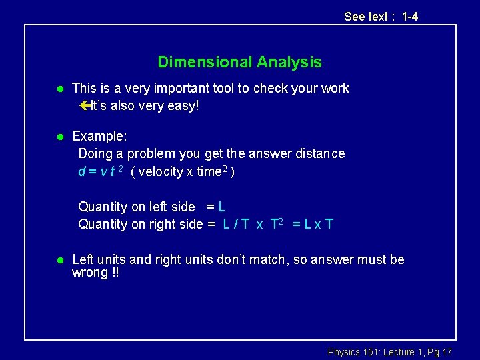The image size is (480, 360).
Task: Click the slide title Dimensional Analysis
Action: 239,63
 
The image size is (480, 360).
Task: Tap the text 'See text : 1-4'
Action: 381,17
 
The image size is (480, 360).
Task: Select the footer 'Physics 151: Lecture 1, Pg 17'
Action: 389,351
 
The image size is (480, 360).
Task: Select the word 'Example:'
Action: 99,136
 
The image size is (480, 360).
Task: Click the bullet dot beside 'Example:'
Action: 59,137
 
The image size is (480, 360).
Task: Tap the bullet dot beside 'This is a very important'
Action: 59,89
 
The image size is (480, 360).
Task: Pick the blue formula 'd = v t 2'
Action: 101,171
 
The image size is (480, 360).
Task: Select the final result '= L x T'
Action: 313,224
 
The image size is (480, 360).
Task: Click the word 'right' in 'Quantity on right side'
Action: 157,224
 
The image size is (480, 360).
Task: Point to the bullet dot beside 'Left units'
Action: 59,260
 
